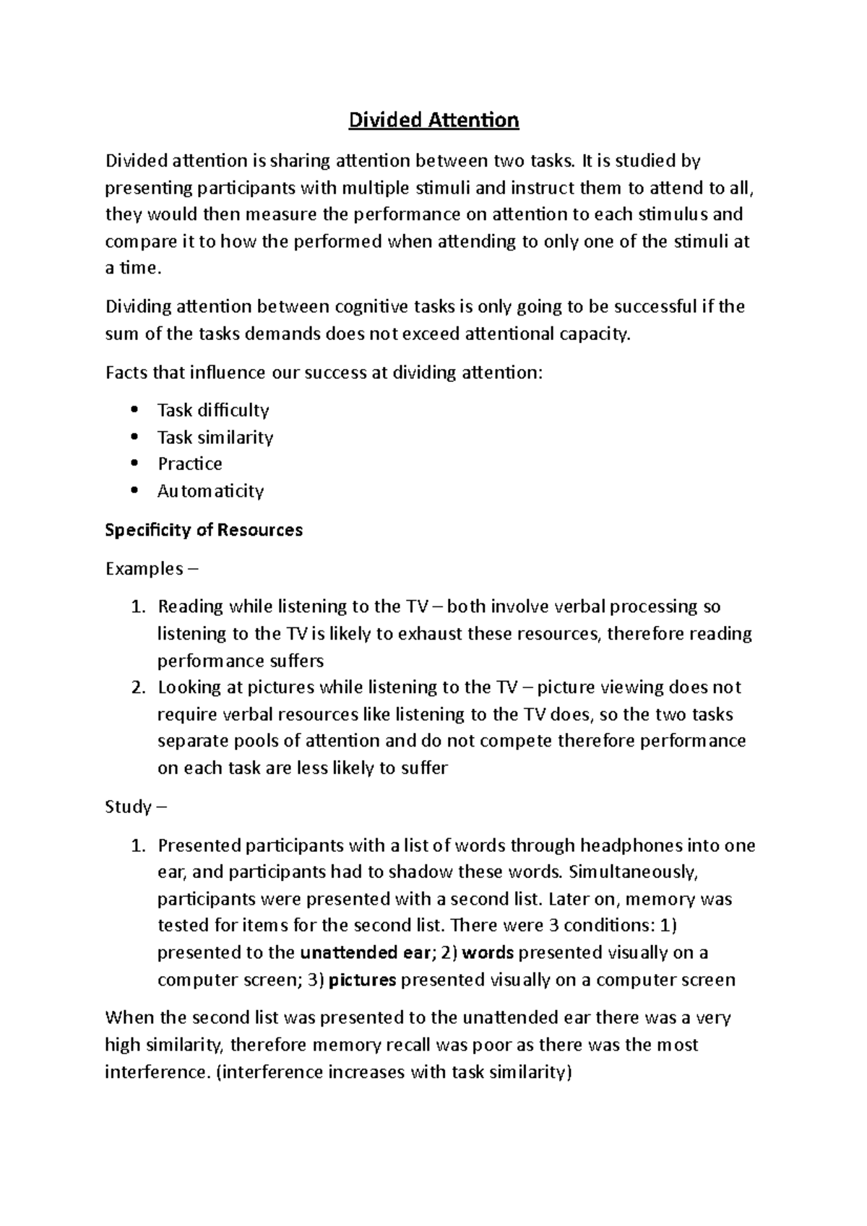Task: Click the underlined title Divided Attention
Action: pos(433,120)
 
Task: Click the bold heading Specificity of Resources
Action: pos(204,530)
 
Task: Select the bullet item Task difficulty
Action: pos(213,410)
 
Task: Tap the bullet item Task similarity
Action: pos(215,438)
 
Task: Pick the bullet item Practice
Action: pos(190,464)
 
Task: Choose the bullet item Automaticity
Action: pos(210,491)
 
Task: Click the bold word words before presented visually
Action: pos(488,952)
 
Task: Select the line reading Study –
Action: pos(136,807)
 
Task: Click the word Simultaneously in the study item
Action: pos(633,871)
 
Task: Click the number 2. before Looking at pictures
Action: pos(139,687)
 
